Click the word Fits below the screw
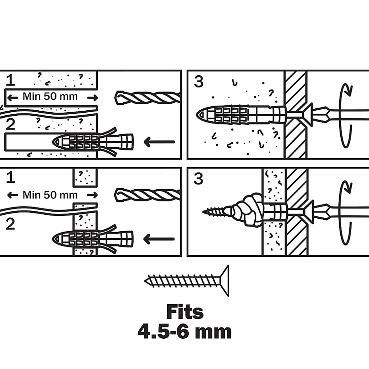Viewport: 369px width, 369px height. coord(185,312)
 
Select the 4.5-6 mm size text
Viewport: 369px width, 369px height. coord(184,332)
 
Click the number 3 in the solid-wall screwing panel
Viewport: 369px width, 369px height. coord(199,82)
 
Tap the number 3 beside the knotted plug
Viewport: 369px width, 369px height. coord(199,179)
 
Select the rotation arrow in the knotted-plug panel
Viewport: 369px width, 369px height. coord(345,212)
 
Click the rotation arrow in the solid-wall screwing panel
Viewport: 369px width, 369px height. coord(345,115)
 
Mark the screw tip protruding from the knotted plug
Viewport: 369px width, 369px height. coord(212,212)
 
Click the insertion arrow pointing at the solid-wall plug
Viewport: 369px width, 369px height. coord(159,142)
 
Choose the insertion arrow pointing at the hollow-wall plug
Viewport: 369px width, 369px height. coord(159,238)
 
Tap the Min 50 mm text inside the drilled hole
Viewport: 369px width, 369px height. coord(50,96)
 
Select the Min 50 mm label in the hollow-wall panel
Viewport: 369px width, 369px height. coord(50,195)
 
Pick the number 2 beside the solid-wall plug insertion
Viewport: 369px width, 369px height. coord(11,125)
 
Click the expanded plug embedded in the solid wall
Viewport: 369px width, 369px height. coord(239,115)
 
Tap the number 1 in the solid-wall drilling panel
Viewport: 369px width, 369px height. coord(11,80)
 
